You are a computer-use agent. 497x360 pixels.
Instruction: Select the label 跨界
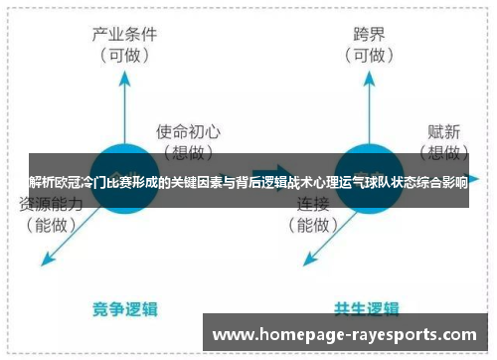pyautogui.click(x=370, y=34)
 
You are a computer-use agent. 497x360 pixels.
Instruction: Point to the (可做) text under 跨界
pyautogui.click(x=370, y=56)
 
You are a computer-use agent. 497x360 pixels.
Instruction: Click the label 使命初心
pyautogui.click(x=188, y=131)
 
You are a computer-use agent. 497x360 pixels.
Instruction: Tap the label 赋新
pyautogui.click(x=444, y=131)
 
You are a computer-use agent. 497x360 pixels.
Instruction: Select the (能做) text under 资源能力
pyautogui.click(x=49, y=226)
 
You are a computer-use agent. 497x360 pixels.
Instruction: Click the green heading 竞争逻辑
pyautogui.click(x=128, y=307)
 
